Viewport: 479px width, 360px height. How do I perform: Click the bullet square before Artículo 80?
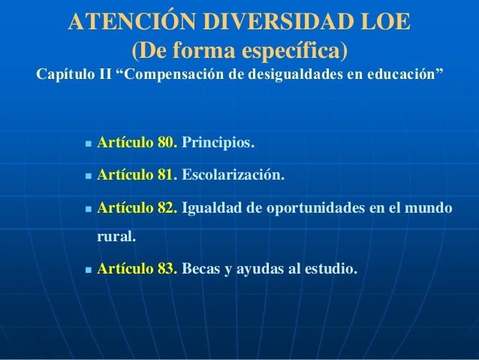click(89, 144)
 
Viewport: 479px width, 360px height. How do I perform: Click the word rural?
click(116, 237)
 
